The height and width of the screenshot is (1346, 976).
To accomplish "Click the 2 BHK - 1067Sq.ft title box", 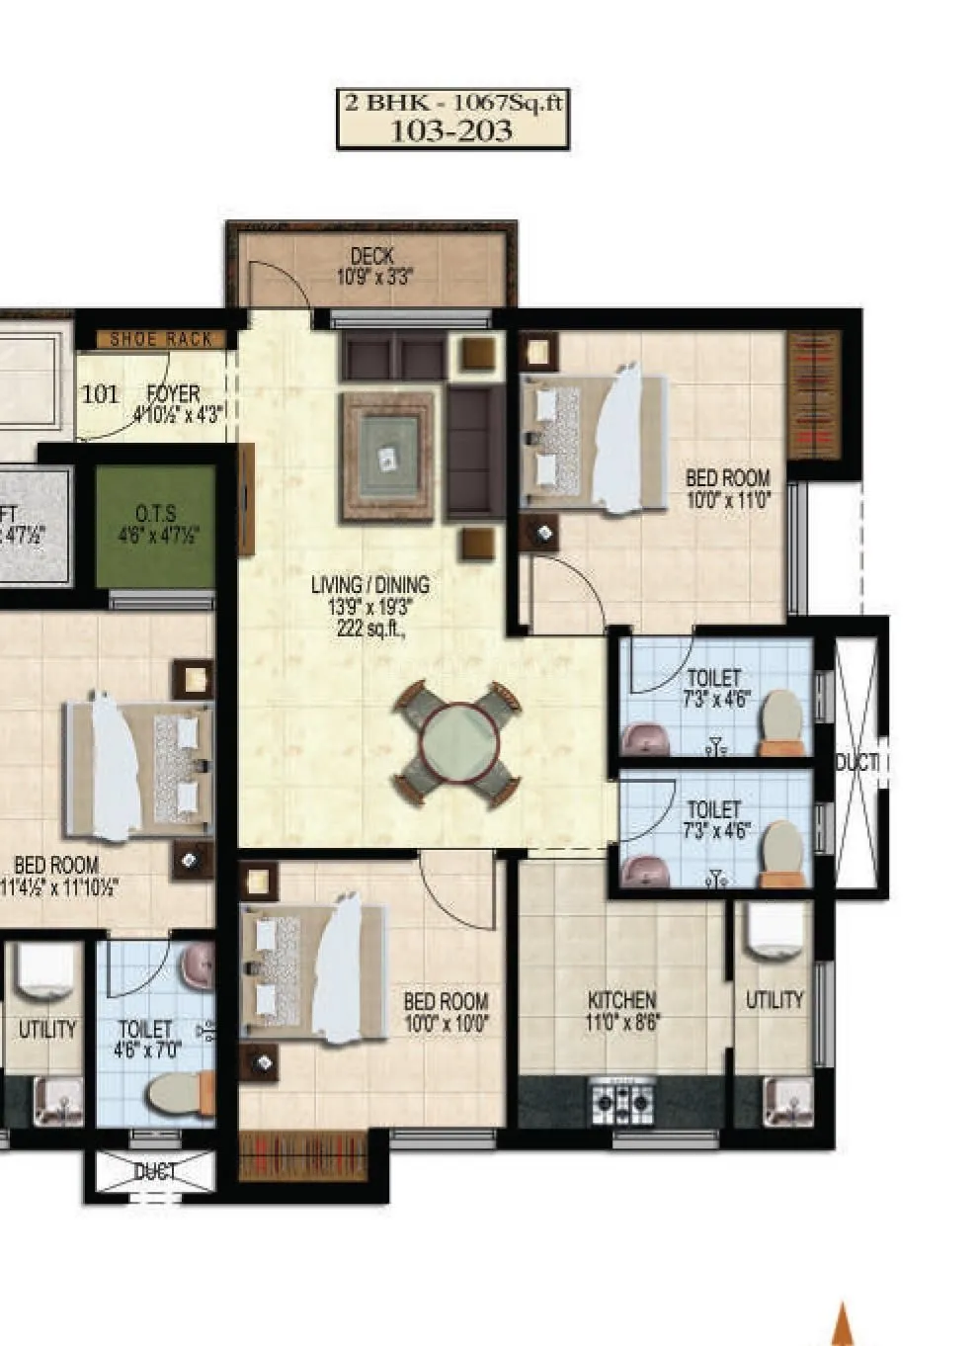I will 453,118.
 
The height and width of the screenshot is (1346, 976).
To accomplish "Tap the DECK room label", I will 372,256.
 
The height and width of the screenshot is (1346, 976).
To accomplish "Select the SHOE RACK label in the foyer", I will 161,339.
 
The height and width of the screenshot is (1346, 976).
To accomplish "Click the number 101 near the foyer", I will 99,394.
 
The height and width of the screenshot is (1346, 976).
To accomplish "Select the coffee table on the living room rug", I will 387,458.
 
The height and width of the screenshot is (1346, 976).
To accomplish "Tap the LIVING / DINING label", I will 369,584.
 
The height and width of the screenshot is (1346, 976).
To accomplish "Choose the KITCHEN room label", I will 621,999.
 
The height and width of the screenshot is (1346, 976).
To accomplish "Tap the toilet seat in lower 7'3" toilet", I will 784,851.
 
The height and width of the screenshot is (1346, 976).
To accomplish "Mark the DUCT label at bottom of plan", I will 155,1172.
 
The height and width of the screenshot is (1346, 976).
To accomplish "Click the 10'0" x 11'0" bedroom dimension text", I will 728,500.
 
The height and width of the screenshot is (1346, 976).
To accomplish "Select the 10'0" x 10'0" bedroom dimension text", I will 446,1024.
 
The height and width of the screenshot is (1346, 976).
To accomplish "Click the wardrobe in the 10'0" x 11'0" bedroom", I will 814,394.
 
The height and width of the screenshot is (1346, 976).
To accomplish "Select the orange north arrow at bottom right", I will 843,1324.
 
